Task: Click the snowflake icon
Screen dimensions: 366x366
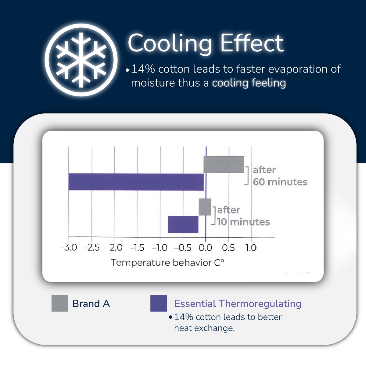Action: pos(81,60)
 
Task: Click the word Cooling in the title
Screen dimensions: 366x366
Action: pos(170,43)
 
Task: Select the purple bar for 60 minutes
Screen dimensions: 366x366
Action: pos(136,182)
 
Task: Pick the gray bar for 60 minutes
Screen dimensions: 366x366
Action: pos(224,165)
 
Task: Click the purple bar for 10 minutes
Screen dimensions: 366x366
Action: pos(183,224)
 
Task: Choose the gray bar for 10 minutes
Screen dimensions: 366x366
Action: pos(205,207)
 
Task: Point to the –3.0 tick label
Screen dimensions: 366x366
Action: pos(68,247)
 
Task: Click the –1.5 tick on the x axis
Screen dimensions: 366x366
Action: pos(137,247)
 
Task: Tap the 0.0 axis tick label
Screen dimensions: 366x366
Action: pos(205,247)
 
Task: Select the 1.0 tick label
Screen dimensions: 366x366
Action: pos(251,247)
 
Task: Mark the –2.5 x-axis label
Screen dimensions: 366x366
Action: pos(91,247)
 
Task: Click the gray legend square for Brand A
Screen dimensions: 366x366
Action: pos(60,303)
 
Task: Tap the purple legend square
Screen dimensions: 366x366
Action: pos(159,303)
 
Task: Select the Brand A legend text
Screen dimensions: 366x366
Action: pos(91,303)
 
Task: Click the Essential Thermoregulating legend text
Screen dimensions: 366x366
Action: pos(238,303)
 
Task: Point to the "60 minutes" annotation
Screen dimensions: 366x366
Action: pos(280,182)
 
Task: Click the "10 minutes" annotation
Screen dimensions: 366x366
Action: pos(243,222)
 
